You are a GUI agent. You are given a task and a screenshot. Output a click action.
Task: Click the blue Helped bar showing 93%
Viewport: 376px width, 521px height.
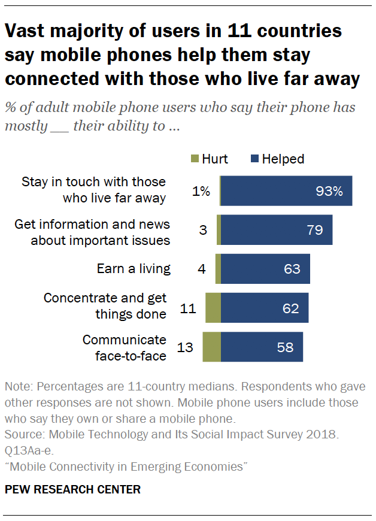point(286,191)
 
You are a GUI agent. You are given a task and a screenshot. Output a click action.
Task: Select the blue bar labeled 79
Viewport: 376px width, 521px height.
point(277,230)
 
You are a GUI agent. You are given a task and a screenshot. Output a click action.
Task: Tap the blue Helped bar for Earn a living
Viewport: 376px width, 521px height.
point(265,269)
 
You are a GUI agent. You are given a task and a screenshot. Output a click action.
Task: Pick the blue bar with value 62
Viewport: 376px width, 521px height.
point(265,308)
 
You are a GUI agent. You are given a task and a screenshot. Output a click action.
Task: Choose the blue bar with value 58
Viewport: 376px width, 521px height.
point(262,347)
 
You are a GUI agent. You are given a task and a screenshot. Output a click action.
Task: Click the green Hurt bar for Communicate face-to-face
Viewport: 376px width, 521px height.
point(211,347)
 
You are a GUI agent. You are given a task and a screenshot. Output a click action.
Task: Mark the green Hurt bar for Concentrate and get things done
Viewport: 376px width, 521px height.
point(213,308)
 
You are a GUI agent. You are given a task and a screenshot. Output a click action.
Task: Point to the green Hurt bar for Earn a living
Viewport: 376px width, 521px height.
point(218,269)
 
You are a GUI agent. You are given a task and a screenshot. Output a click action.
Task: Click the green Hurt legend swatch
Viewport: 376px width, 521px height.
point(193,159)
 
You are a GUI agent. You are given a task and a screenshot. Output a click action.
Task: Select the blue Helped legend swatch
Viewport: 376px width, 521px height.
point(254,159)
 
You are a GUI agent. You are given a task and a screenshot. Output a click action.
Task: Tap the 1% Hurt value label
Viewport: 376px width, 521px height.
point(202,192)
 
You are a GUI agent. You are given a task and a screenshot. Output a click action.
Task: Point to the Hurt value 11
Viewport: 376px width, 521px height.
point(189,308)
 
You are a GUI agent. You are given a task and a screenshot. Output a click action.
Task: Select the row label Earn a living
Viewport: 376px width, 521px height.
point(134,269)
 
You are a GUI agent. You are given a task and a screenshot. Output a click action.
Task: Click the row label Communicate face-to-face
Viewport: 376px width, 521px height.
point(124,347)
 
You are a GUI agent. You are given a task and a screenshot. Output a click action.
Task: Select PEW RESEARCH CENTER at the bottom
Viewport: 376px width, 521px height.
point(72,490)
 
